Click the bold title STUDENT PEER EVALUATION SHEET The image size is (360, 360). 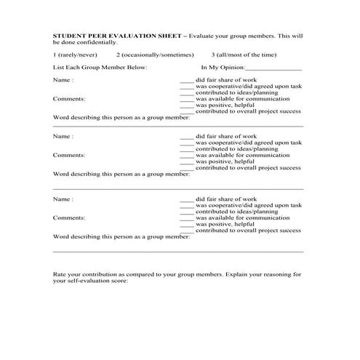pyautogui.click(x=119, y=34)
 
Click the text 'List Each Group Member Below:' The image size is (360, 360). pyautogui.click(x=100, y=68)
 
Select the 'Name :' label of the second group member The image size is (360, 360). pyautogui.click(x=63, y=136)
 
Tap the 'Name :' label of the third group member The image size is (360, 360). pyautogui.click(x=63, y=199)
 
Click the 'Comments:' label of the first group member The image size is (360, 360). pyautogui.click(x=69, y=98)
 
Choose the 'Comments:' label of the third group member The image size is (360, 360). pyautogui.click(x=69, y=217)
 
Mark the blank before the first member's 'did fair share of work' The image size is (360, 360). pyautogui.click(x=187, y=80)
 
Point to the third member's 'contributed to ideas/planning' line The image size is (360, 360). pyautogui.click(x=239, y=211)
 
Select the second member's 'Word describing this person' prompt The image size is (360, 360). pyautogui.click(x=121, y=174)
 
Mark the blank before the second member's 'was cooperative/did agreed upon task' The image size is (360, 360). pyautogui.click(x=187, y=143)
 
